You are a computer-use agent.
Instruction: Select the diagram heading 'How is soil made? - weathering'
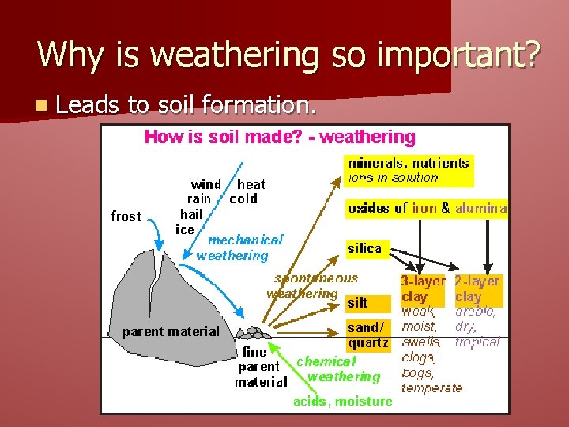click(279, 137)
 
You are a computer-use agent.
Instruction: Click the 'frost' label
click(126, 216)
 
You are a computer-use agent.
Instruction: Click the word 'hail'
click(191, 213)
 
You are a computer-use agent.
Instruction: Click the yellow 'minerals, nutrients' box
click(409, 170)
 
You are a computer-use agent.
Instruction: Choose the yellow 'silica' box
click(364, 248)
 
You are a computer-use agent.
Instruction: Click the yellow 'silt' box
click(357, 303)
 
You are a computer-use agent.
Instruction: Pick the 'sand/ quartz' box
click(367, 335)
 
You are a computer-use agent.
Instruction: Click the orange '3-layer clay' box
click(423, 289)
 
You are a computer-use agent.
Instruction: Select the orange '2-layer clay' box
click(477, 289)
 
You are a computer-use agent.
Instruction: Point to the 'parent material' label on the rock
click(171, 331)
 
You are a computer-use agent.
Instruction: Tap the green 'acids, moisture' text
click(342, 401)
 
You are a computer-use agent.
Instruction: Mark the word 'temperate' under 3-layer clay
click(431, 387)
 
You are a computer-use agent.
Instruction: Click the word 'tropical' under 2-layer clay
click(477, 342)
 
